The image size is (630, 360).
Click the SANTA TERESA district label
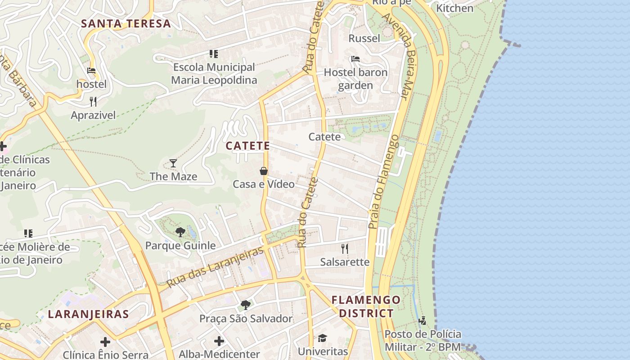(126, 24)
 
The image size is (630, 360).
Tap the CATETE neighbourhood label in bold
(248, 146)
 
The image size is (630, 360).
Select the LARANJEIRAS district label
(88, 314)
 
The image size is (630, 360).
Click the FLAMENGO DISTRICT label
(366, 306)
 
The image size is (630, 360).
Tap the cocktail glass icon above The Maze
(173, 163)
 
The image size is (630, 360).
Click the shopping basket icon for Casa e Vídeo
(264, 171)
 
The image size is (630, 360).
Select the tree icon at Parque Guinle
(180, 232)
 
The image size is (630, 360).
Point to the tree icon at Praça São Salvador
(246, 305)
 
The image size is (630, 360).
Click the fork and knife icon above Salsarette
(345, 248)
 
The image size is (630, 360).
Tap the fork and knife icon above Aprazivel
(93, 101)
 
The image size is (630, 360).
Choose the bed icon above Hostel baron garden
(355, 59)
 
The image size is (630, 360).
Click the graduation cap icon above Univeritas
(323, 338)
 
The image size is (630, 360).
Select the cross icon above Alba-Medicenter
(219, 341)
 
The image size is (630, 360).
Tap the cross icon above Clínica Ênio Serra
(105, 342)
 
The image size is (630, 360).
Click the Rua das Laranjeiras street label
(215, 267)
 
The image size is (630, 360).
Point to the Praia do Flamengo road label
(383, 182)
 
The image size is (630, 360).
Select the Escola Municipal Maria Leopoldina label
(214, 74)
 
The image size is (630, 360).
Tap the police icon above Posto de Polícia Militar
(422, 321)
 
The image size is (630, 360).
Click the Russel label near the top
(364, 38)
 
